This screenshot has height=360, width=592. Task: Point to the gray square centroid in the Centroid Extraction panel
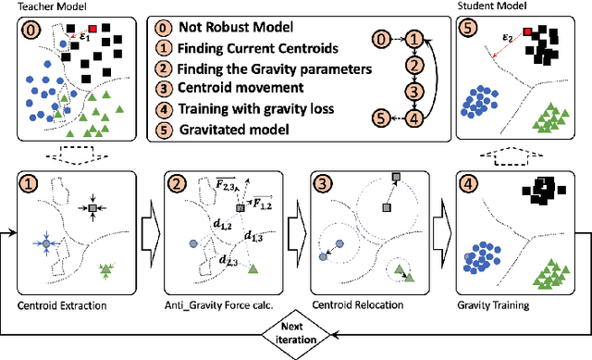(92, 212)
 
